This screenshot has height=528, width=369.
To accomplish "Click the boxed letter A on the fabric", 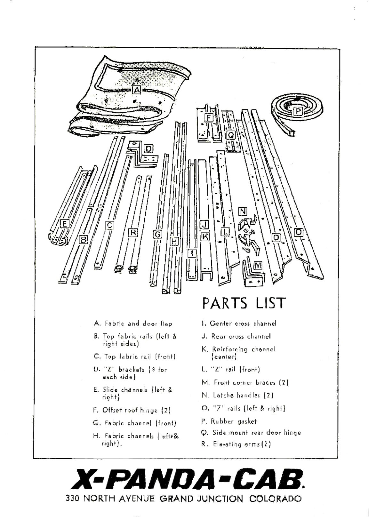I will (x=137, y=90).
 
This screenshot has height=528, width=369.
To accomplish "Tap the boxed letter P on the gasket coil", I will (x=298, y=111).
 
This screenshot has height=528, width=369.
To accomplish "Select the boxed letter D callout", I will (x=149, y=149).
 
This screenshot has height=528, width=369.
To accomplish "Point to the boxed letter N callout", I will (x=243, y=212).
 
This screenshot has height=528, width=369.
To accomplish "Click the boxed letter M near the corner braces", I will (x=258, y=265).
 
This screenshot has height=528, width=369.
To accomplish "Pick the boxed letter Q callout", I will (x=230, y=135).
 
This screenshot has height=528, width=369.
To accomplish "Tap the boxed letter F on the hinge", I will (x=208, y=118).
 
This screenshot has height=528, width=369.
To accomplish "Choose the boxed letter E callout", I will (x=65, y=224).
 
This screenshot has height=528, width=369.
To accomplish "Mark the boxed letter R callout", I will (x=133, y=233).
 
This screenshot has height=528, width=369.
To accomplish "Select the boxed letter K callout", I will (x=205, y=237).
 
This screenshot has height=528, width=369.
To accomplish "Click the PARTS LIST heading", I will (x=244, y=303).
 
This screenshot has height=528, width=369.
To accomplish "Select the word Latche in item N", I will (x=223, y=395).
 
